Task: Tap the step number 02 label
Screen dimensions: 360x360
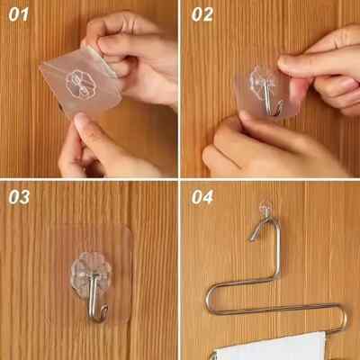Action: point(202,13)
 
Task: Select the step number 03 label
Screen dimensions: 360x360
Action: point(19,197)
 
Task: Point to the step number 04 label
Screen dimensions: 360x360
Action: point(202,197)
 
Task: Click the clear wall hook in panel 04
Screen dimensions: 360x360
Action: point(265,209)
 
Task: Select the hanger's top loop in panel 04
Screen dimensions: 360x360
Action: point(263,230)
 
